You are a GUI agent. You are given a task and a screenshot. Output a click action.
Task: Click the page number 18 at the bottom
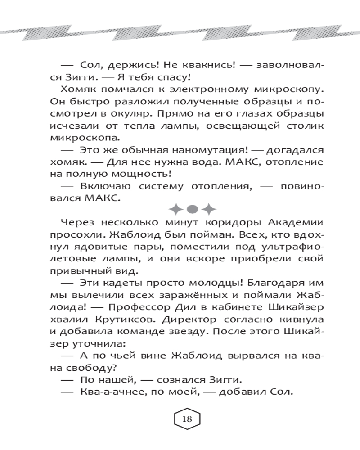(x=187, y=418)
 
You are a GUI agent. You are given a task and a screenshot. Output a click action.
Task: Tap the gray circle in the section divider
(x=192, y=208)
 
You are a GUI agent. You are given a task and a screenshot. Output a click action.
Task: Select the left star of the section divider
(x=176, y=208)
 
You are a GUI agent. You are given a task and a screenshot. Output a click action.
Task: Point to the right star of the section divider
(x=208, y=208)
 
